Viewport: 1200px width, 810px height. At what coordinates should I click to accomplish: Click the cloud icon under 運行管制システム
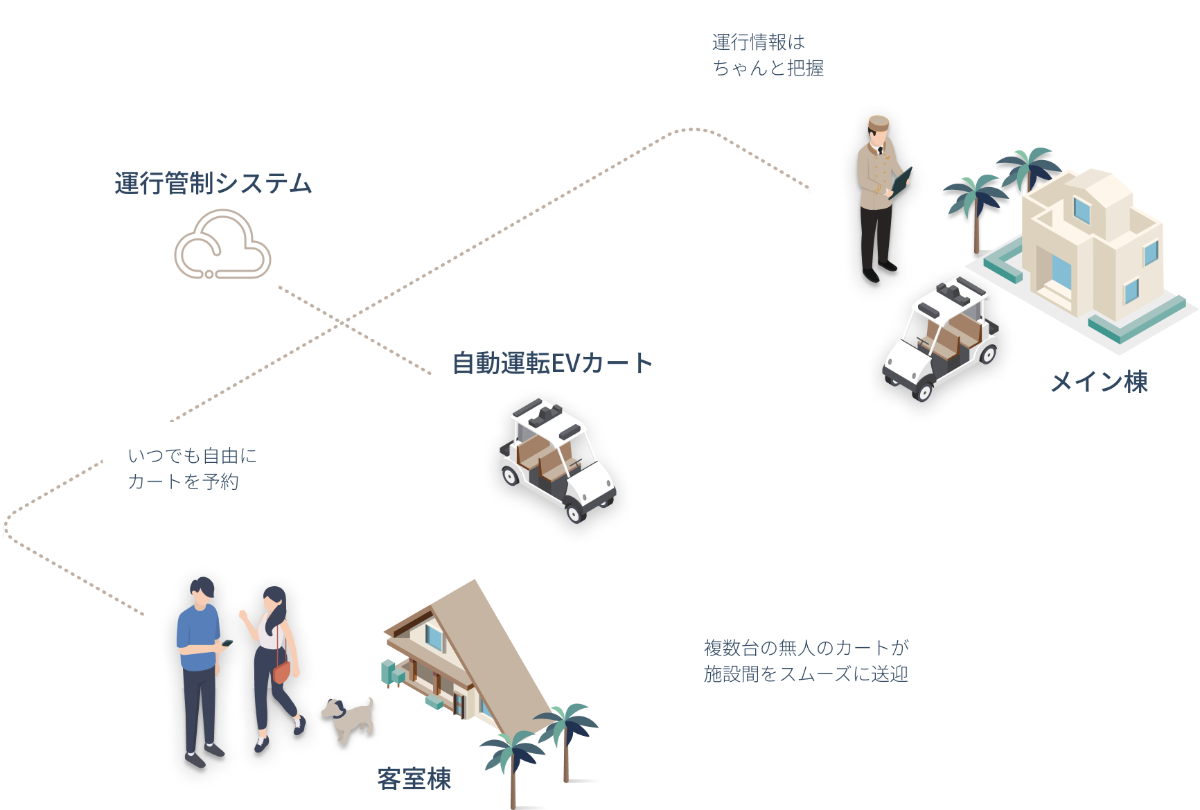[x=222, y=247]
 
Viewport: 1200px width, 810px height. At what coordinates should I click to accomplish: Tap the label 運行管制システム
[x=213, y=184]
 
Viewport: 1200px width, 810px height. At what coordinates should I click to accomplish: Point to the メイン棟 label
[x=1100, y=382]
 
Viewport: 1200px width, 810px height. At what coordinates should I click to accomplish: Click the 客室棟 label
[x=414, y=779]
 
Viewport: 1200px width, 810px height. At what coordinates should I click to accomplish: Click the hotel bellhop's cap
[x=879, y=123]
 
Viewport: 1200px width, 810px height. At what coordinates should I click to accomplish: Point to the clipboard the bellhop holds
[x=901, y=181]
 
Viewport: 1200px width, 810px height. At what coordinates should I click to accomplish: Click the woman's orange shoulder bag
[x=281, y=671]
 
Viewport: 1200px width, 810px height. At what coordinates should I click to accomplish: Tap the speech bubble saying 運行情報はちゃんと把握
[x=767, y=55]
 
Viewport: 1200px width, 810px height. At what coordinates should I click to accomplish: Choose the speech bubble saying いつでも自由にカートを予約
[x=192, y=468]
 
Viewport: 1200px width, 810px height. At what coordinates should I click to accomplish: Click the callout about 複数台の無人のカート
[x=808, y=660]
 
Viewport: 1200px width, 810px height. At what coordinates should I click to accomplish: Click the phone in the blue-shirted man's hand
[x=226, y=643]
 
